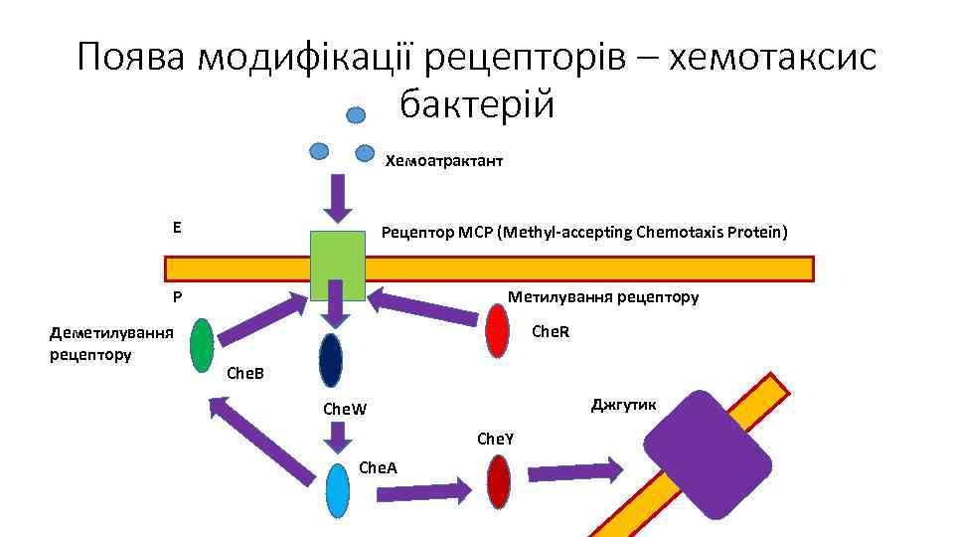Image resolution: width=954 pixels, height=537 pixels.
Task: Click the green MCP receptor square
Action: coord(338,265)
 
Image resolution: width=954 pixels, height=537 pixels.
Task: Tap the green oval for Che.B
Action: coord(202,345)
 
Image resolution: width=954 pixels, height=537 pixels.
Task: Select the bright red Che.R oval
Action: coord(498,330)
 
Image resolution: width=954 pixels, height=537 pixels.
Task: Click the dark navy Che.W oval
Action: coord(331,359)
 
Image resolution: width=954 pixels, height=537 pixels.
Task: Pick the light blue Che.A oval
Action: coord(338,491)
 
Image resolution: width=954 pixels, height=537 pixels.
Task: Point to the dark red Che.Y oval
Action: coord(499,481)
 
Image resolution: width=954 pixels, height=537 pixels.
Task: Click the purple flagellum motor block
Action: coord(709,454)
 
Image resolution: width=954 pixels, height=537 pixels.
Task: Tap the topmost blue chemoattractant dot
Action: coord(356,114)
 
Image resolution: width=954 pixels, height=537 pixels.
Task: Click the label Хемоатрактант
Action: coord(444,160)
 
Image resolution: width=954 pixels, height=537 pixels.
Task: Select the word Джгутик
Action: coord(623,403)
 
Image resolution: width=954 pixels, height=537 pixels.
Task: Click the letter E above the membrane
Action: coord(176,227)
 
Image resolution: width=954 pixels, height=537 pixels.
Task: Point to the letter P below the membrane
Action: coord(176,296)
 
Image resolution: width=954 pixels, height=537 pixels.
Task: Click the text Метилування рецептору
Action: coord(603,296)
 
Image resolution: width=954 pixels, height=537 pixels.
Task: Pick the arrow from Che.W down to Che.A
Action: coord(338,437)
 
